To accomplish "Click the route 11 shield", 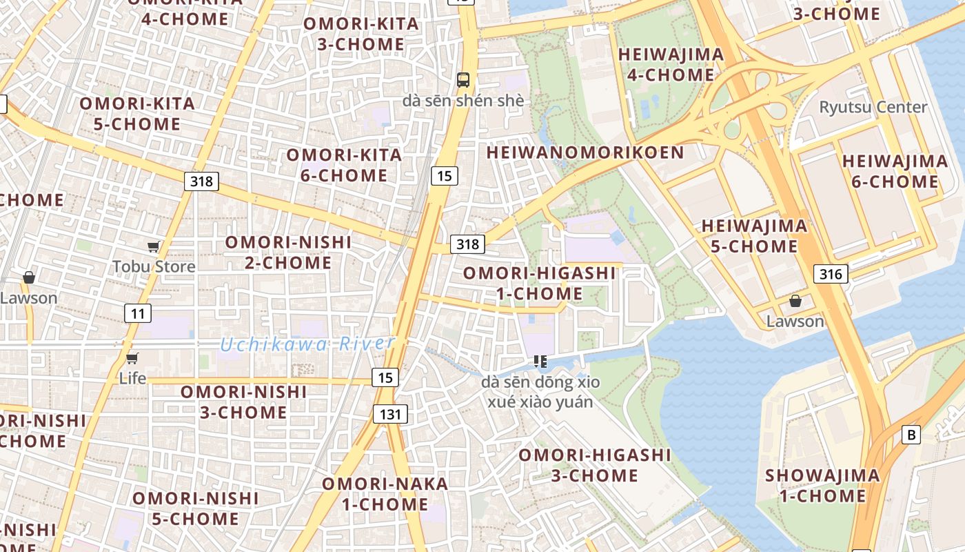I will click(138, 313).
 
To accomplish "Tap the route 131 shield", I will click(390, 414).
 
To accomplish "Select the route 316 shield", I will click(831, 274).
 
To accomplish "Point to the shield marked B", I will click(911, 435).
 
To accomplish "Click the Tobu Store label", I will click(154, 266).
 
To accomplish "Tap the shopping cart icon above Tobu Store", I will click(154, 246).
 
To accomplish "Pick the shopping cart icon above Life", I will click(132, 358).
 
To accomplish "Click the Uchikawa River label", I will click(307, 344).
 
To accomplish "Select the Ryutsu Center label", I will click(873, 107).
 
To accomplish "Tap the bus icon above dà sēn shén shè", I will click(463, 79).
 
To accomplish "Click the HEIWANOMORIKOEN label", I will click(585, 152).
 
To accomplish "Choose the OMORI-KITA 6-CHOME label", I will click(344, 165).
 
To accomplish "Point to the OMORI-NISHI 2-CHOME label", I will click(288, 253).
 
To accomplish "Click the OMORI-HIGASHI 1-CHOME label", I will click(539, 283).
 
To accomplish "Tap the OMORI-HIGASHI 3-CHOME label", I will click(594, 465).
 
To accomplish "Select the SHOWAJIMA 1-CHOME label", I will click(822, 486).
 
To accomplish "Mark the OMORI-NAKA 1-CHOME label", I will click(385, 494).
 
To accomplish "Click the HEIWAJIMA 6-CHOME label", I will click(895, 172).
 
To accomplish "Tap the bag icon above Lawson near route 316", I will click(795, 301).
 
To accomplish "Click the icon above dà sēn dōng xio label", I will click(540, 362).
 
